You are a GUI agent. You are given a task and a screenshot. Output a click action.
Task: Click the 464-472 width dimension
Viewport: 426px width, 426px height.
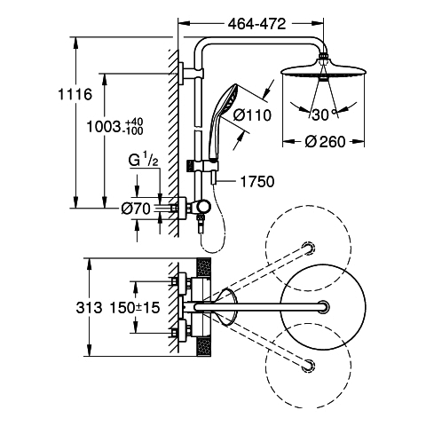coord(256,24)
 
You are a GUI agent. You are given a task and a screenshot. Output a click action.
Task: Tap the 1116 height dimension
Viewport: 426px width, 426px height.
coord(75,95)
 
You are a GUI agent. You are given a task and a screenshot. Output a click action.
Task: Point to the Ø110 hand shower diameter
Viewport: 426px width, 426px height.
coord(252,115)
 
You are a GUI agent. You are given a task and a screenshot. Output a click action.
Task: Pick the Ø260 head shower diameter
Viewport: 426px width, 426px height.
coord(325,142)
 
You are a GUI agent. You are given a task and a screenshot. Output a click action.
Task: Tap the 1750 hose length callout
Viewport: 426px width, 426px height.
coord(257,181)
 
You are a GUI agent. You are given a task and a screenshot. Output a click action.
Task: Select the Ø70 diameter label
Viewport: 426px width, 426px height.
coord(136,209)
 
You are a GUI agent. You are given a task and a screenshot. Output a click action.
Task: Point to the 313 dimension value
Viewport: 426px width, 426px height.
coord(89,308)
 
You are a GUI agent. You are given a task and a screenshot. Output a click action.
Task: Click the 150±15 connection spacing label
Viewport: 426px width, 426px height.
coord(135,308)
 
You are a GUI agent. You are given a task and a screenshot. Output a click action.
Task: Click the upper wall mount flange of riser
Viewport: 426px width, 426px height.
coord(181,74)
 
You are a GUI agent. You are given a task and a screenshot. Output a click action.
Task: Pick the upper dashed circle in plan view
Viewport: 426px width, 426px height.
coord(308,248)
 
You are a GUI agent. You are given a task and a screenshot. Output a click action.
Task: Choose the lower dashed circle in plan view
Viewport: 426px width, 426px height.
coord(308,366)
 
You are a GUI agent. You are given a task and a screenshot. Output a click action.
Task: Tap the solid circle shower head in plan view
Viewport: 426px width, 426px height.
coord(323,307)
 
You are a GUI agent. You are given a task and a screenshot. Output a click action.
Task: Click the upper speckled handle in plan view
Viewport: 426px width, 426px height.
coord(203,268)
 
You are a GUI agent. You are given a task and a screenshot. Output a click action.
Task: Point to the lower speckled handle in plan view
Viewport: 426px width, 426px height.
coord(203,347)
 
